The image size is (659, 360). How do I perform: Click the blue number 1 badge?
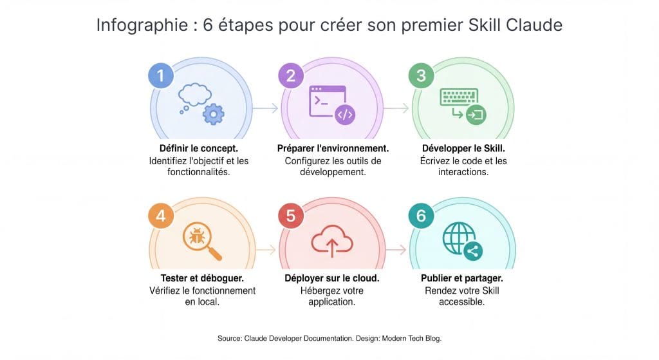(x=161, y=76)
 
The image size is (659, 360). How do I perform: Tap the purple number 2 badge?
(x=291, y=76)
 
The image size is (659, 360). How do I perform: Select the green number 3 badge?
(x=421, y=76)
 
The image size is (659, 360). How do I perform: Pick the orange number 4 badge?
(x=161, y=216)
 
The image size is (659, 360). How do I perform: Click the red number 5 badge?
(x=291, y=216)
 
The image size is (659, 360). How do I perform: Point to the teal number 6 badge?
(x=421, y=216)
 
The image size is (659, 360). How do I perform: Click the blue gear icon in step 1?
(x=214, y=114)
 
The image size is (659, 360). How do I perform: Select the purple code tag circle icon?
(x=345, y=115)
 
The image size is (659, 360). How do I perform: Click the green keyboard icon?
(x=459, y=97)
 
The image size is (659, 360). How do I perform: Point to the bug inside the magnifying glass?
(x=197, y=236)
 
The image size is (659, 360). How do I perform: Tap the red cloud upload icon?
(x=331, y=241)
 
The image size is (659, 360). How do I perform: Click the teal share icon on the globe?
(x=473, y=251)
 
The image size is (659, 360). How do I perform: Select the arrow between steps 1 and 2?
(x=265, y=108)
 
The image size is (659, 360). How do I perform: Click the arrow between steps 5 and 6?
(x=396, y=250)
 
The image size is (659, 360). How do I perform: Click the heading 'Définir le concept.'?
(x=199, y=149)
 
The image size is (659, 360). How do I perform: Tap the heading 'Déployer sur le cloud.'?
(x=332, y=278)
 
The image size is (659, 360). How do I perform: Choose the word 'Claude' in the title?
(x=534, y=25)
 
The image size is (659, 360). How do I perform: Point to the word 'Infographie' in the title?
(x=142, y=26)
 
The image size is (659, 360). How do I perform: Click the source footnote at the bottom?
(x=329, y=339)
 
